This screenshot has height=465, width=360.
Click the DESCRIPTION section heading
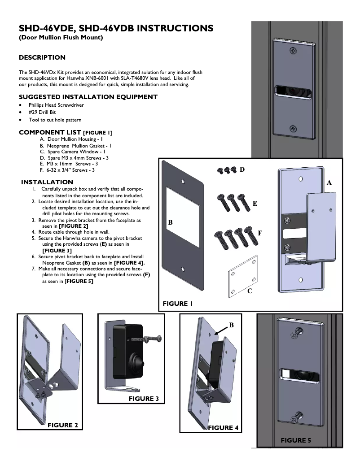[x=42, y=57]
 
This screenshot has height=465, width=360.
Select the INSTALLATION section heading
[x=47, y=182]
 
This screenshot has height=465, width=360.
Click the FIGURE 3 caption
[x=144, y=399]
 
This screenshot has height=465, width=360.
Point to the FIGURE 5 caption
[x=296, y=440]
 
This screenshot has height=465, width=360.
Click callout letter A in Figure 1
[x=329, y=183]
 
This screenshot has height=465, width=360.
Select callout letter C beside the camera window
[x=250, y=291]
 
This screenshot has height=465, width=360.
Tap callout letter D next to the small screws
[x=242, y=169]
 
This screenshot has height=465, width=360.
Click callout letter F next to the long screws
[x=259, y=233]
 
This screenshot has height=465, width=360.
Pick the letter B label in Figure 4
[x=232, y=324]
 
